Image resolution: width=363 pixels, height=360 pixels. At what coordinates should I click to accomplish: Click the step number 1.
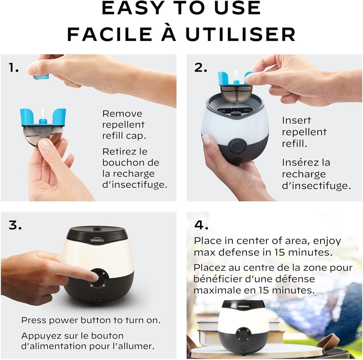pyautogui.click(x=14, y=68)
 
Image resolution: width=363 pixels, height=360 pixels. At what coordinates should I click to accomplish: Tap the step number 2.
pyautogui.click(x=200, y=68)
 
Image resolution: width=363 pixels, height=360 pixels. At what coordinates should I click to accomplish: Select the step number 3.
pyautogui.click(x=15, y=225)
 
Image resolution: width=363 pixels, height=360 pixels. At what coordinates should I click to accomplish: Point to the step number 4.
pyautogui.click(x=201, y=225)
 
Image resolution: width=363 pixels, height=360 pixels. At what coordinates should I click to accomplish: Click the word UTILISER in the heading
pyautogui.click(x=240, y=34)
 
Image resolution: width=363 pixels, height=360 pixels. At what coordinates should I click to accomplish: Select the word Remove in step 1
pyautogui.click(x=122, y=114)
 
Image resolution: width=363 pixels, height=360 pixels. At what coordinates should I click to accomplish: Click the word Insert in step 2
pyautogui.click(x=296, y=120)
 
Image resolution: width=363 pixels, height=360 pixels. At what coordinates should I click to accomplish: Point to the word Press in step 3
pyautogui.click(x=33, y=320)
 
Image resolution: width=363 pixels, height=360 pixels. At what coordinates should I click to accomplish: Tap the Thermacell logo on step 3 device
pyautogui.click(x=97, y=240)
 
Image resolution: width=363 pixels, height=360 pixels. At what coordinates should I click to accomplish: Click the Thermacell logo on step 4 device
pyautogui.click(x=244, y=306)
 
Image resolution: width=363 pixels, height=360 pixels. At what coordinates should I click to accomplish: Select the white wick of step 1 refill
pyautogui.click(x=43, y=114)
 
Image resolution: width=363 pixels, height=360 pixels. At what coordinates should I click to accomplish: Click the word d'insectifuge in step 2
pyautogui.click(x=316, y=186)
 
